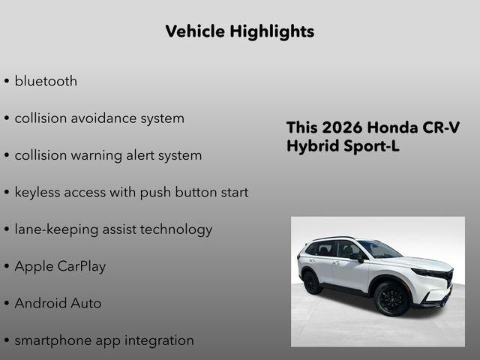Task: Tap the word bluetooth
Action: click(46, 81)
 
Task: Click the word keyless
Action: click(39, 192)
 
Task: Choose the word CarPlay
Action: click(82, 266)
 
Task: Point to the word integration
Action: click(157, 340)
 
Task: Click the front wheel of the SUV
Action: click(391, 298)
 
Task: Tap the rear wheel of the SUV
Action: click(310, 281)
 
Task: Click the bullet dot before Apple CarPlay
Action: click(7, 267)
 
